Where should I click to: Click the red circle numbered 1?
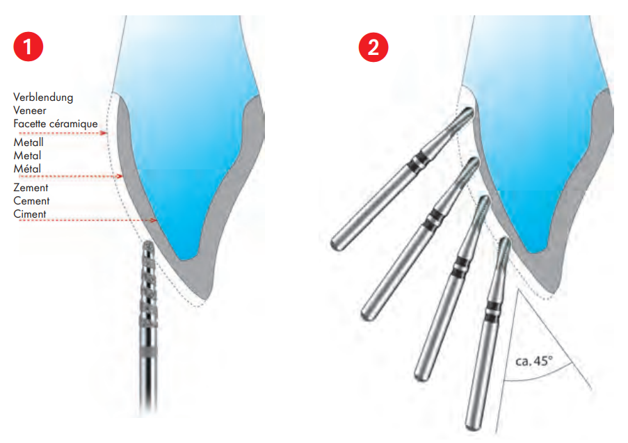point(28,47)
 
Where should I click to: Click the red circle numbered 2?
point(373,47)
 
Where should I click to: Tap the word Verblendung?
point(43,98)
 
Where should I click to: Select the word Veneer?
point(30,111)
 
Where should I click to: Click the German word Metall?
point(29,142)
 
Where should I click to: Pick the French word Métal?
point(27,168)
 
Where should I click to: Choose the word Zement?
point(31,188)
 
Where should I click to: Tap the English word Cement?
point(31,201)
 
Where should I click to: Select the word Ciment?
point(30,214)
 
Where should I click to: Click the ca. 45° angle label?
point(534,361)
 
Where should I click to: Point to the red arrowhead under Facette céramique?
point(104,133)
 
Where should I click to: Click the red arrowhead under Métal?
point(120,176)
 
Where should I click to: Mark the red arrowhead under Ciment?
point(154,220)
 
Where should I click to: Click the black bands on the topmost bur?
point(417,160)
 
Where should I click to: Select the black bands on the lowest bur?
point(491,312)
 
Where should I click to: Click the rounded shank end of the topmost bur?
point(337,243)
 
